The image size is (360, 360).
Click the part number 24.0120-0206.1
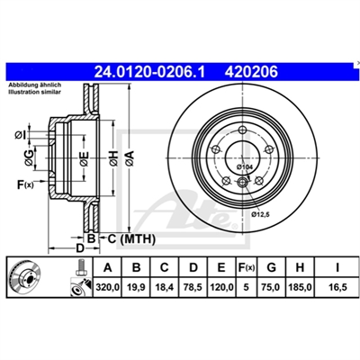149,72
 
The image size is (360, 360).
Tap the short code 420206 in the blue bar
252,72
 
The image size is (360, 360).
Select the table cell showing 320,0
108,287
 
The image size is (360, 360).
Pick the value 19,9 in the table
136,287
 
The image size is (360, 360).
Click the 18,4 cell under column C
165,287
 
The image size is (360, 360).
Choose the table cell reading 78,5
193,287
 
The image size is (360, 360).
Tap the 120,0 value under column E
221,287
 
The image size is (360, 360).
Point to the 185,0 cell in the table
300,287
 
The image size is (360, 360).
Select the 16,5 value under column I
337,287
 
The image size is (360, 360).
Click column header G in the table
272,267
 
